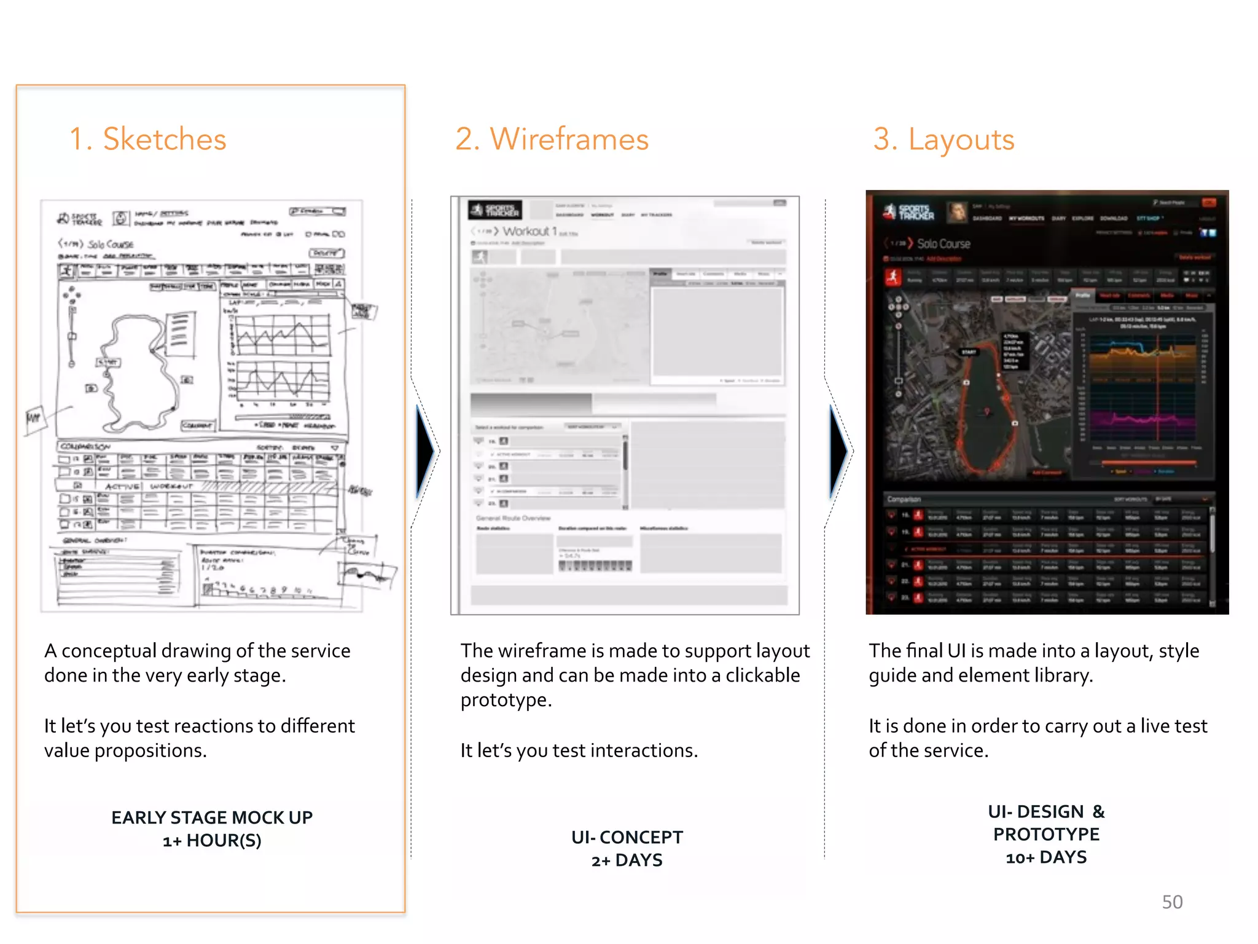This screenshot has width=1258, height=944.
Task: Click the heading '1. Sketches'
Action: click(147, 139)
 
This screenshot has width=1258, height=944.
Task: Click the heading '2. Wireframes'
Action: click(552, 139)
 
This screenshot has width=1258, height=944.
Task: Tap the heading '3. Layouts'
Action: click(943, 139)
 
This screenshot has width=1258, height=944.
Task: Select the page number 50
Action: click(1172, 902)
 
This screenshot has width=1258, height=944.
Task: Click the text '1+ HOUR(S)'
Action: click(212, 841)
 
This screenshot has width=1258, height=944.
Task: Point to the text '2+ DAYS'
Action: click(627, 860)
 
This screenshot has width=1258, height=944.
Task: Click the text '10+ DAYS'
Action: click(1046, 857)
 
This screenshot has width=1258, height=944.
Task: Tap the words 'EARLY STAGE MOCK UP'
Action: click(212, 817)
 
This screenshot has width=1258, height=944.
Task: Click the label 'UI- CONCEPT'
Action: click(627, 837)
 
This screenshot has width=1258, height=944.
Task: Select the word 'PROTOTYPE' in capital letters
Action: click(1046, 835)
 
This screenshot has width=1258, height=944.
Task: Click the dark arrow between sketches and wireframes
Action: click(425, 452)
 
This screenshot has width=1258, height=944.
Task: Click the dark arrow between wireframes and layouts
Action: click(838, 452)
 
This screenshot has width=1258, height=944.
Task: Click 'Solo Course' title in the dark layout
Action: click(943, 244)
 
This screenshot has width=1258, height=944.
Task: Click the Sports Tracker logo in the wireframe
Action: click(495, 210)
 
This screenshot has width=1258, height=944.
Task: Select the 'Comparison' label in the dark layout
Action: click(904, 499)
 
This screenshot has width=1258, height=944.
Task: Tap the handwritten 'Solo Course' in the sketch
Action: click(111, 244)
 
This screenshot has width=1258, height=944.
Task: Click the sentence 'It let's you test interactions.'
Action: click(579, 750)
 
